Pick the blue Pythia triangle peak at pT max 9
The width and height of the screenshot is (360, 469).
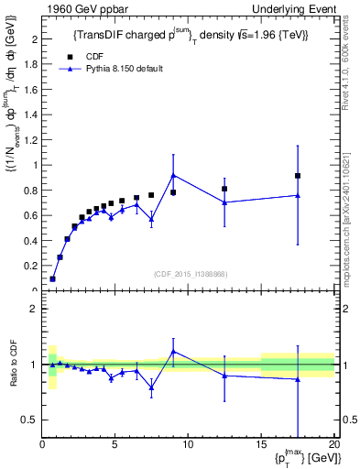[x=173, y=175]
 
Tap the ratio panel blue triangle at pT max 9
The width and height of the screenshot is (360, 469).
[x=173, y=351]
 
